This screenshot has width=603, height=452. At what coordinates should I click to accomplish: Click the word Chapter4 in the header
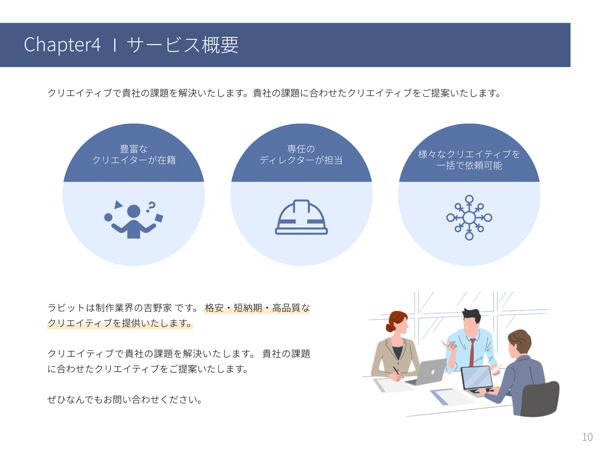click(62, 45)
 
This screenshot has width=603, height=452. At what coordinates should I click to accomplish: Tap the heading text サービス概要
click(183, 45)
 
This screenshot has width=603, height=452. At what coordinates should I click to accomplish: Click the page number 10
click(587, 437)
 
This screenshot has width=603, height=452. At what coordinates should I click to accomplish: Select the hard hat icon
click(301, 217)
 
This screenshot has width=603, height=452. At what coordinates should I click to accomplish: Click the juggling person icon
click(133, 219)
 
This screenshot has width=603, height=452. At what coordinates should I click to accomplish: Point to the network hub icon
click(469, 218)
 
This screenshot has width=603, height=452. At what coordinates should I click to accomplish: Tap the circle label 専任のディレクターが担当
click(301, 154)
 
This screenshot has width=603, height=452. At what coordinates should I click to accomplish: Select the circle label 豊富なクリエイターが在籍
click(134, 154)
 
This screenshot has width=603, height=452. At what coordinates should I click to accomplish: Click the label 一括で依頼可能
click(469, 166)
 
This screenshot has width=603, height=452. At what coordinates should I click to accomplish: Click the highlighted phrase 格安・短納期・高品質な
click(257, 308)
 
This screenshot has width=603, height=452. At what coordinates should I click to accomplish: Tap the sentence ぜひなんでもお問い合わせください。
click(125, 400)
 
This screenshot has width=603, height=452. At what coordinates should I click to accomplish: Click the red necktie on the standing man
click(472, 353)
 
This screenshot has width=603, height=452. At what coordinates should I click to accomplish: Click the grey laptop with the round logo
click(427, 372)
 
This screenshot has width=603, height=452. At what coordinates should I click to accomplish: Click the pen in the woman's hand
click(397, 372)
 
